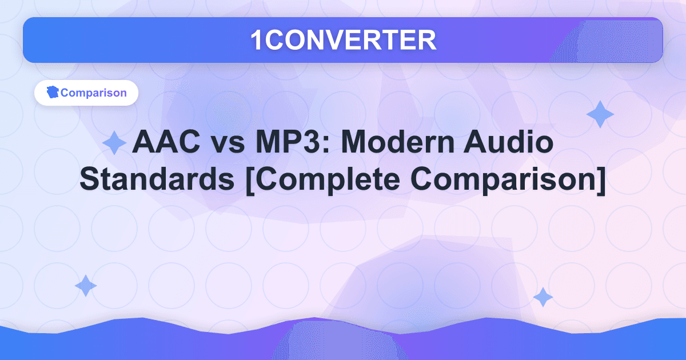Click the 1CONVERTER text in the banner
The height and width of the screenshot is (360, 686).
pyautogui.click(x=343, y=39)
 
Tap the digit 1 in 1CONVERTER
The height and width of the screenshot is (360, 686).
pyautogui.click(x=257, y=39)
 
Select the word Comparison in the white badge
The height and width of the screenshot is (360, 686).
pyautogui.click(x=93, y=93)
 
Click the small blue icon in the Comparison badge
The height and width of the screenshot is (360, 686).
pyautogui.click(x=53, y=93)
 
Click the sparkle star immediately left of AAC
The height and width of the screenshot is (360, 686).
pyautogui.click(x=114, y=142)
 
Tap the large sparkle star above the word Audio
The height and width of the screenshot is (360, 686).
pyautogui.click(x=600, y=114)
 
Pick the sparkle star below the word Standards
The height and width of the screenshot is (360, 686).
pyautogui.click(x=86, y=286)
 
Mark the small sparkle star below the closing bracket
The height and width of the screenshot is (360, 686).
pyautogui.click(x=543, y=298)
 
